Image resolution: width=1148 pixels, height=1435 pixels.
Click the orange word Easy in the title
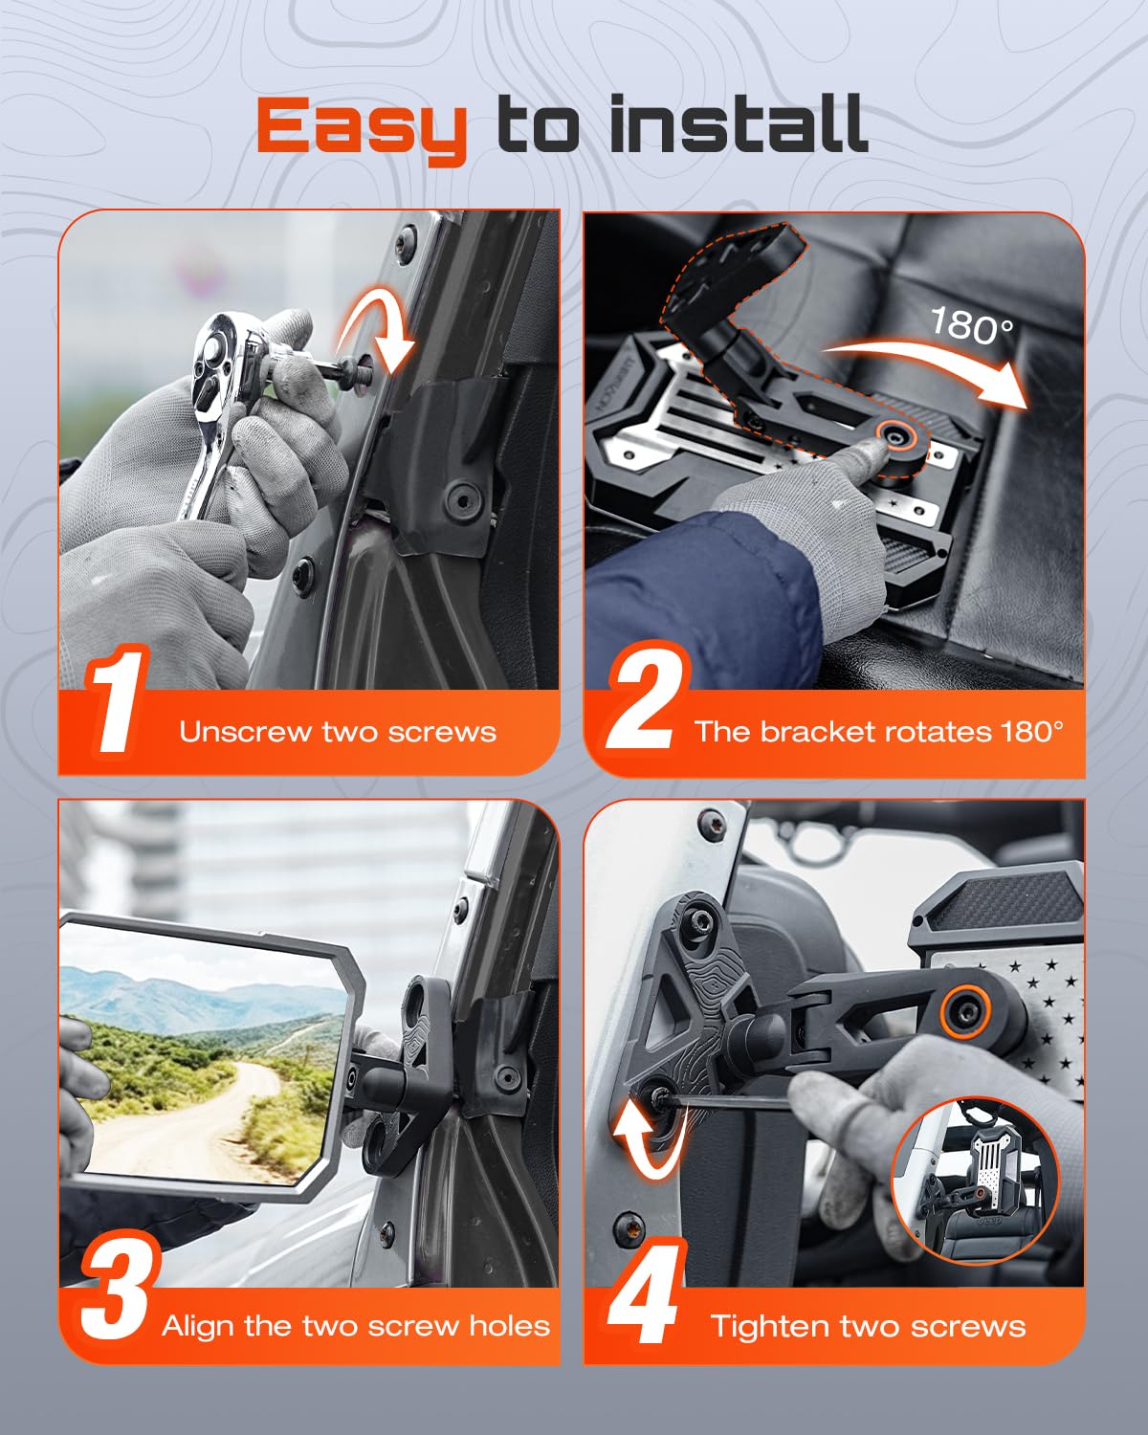click(362, 126)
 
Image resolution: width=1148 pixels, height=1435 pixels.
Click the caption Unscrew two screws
click(338, 732)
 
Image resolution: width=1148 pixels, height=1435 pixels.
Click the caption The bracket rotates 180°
click(878, 732)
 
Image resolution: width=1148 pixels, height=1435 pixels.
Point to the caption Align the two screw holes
click(356, 1326)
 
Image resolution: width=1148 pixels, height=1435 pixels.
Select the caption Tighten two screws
click(868, 1326)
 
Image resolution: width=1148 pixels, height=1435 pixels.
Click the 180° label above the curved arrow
click(971, 326)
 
